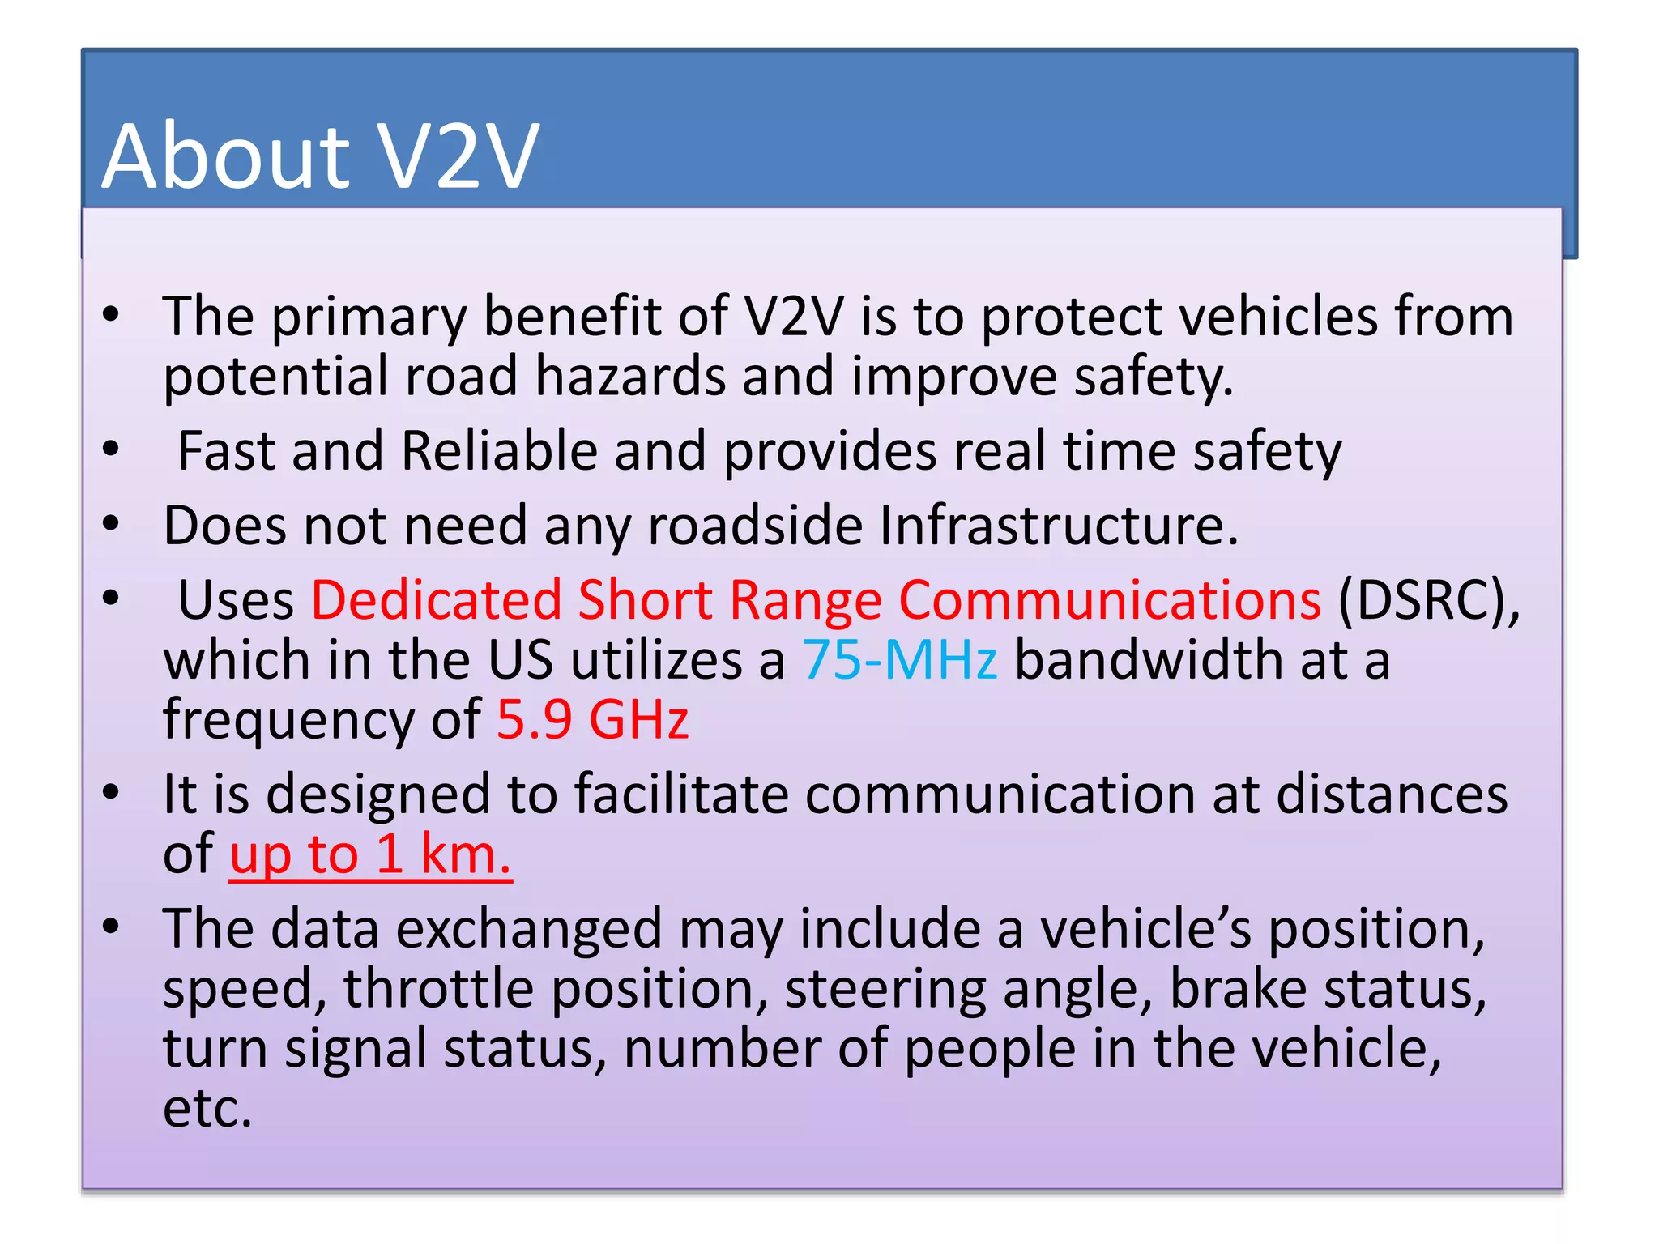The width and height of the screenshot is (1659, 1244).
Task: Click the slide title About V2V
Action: pyautogui.click(x=320, y=155)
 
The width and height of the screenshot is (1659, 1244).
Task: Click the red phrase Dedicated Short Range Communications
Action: pyautogui.click(x=816, y=601)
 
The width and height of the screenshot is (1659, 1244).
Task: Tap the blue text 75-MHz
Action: pyautogui.click(x=899, y=659)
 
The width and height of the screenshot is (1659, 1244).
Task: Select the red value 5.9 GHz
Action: pyautogui.click(x=592, y=719)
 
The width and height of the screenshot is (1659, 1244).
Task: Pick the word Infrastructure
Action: pyautogui.click(x=1058, y=526)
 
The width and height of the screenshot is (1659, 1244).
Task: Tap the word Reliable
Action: pyautogui.click(x=499, y=451)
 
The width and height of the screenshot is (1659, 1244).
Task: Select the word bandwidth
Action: pyautogui.click(x=1148, y=659)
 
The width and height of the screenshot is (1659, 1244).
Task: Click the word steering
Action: pyautogui.click(x=885, y=989)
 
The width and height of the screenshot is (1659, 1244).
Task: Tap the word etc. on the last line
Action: pyautogui.click(x=207, y=1108)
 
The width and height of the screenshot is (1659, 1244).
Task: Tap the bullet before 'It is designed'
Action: pyautogui.click(x=112, y=792)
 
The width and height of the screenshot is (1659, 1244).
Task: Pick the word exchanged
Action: pyautogui.click(x=528, y=929)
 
